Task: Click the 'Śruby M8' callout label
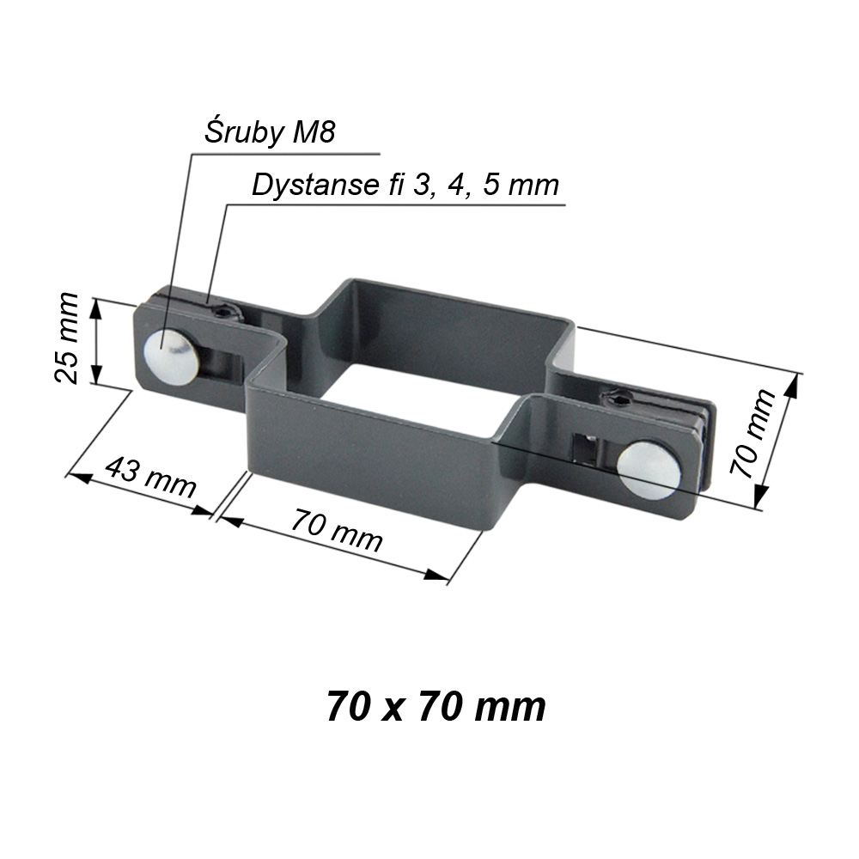[x=270, y=132]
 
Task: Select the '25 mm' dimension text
[x=67, y=337]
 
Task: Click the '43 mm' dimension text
[x=149, y=477]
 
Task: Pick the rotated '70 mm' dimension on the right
[x=752, y=433]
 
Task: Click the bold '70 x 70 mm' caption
[x=436, y=707]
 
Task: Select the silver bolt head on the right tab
[x=649, y=470]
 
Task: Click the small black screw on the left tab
[x=226, y=314]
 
